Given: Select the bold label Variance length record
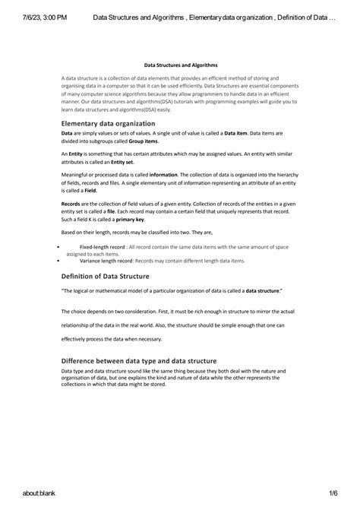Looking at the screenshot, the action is coord(106,260).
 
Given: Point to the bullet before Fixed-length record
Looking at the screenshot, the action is coord(58,247).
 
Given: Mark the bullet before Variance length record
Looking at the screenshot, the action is coord(58,260).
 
